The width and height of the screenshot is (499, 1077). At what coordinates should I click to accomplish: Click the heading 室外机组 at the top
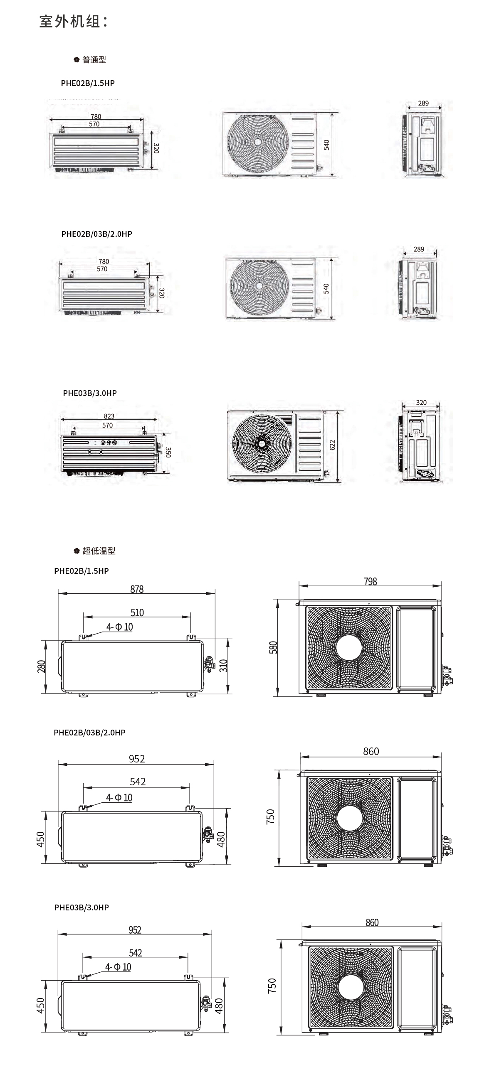[x=73, y=21]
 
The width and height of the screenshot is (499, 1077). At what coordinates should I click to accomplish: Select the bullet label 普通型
[x=94, y=60]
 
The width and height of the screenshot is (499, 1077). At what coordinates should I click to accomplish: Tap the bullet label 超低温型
[x=98, y=551]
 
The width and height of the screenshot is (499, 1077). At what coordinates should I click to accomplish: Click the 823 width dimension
[x=109, y=416]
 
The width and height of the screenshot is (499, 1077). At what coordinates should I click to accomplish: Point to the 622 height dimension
[x=332, y=445]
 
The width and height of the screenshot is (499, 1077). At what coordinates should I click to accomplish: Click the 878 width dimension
[x=137, y=589]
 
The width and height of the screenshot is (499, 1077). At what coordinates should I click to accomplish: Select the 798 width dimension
[x=370, y=582]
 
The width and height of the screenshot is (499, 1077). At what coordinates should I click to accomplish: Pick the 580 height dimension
[x=273, y=647]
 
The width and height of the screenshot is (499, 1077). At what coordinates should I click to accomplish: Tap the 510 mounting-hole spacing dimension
[x=137, y=612]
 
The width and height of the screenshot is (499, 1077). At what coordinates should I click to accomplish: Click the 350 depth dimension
[x=168, y=452]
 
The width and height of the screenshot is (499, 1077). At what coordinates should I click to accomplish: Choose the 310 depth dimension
[x=223, y=666]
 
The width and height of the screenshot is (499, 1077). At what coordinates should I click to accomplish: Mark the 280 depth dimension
[x=42, y=666]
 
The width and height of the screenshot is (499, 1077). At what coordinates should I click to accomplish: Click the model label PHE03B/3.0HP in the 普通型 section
[x=89, y=393]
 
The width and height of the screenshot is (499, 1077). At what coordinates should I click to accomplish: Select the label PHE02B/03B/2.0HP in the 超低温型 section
[x=89, y=732]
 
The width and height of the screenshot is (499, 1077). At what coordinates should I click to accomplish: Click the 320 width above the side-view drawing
[x=421, y=403]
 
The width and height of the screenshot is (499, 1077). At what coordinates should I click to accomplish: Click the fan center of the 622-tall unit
[x=262, y=443]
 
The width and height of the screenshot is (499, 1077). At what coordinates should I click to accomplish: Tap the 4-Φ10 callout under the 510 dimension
[x=119, y=627]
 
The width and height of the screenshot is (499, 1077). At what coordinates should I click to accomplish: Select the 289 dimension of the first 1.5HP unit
[x=423, y=103]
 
